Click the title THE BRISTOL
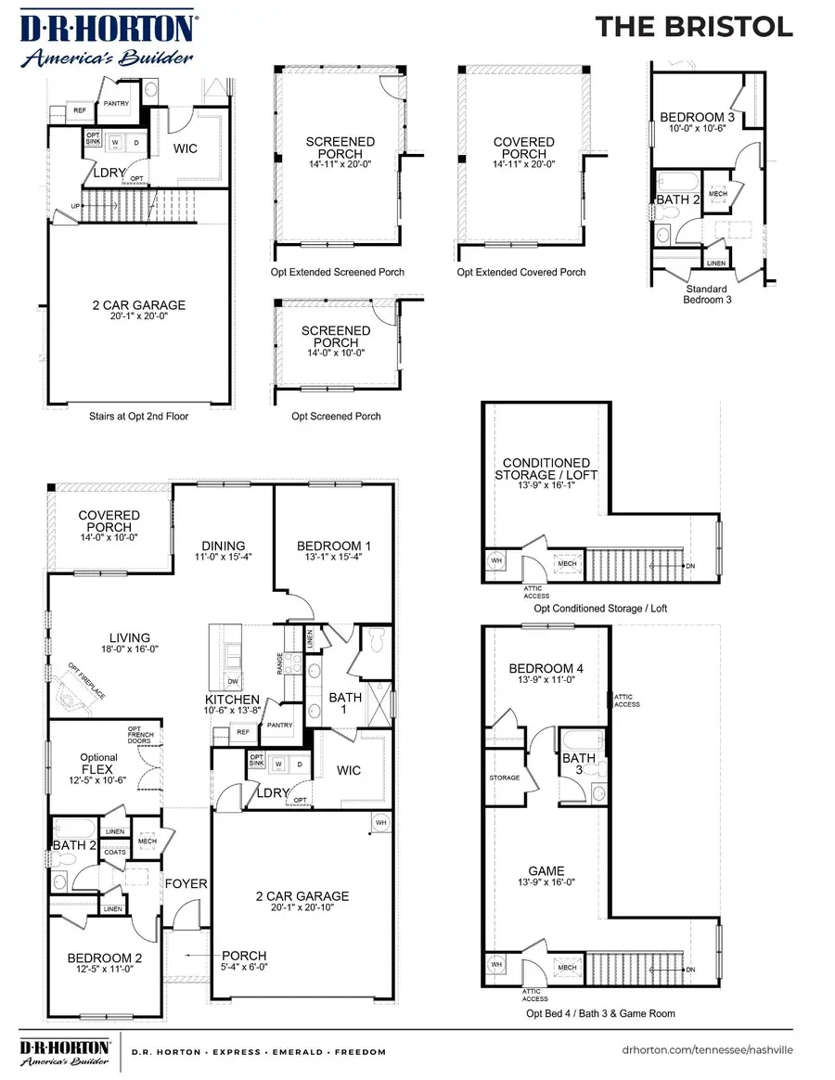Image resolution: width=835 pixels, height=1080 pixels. coord(693,27)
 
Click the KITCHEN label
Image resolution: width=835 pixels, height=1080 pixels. coord(233,699)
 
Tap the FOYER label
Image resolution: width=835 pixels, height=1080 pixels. coord(186,883)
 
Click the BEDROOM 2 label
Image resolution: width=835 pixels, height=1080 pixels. coord(102,962)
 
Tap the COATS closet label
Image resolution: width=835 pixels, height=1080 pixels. coord(115,852)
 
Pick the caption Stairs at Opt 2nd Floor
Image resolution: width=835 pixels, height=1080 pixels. coord(138,417)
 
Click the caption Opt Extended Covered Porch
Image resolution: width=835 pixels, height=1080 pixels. coord(521,273)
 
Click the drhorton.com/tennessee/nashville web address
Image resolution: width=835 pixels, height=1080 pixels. coord(707,1051)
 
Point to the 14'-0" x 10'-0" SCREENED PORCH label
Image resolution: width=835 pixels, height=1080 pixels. coord(336,342)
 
